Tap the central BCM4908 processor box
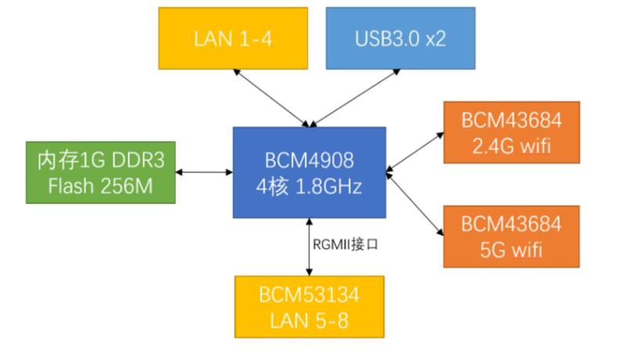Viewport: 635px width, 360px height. [x=308, y=172]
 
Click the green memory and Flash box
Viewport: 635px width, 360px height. [x=99, y=172]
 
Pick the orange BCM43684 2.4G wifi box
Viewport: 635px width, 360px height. [x=511, y=133]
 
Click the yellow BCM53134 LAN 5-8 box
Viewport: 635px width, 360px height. [x=310, y=307]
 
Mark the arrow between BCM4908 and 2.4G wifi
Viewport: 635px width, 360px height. [x=415, y=149]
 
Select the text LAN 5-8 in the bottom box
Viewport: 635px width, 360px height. [x=310, y=320]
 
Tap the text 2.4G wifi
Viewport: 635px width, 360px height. [x=511, y=146]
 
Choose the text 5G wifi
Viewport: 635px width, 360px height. [x=511, y=251]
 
